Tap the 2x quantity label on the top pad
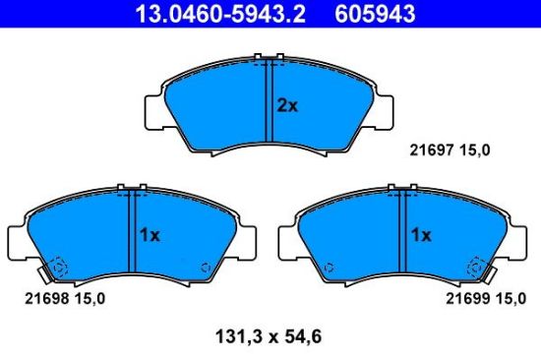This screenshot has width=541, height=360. coord(286,105)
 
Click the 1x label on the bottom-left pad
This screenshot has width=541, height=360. coord(149,236)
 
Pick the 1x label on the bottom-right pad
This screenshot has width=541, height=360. coord(421,236)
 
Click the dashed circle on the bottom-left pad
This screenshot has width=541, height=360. coord(57,266)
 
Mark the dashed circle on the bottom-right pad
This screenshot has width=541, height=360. coord(479,266)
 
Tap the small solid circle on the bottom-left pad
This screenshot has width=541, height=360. coord(205,266)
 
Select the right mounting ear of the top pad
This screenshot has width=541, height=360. coord(387,109)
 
